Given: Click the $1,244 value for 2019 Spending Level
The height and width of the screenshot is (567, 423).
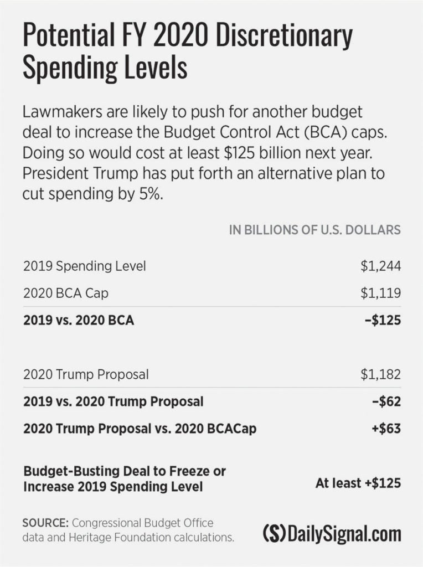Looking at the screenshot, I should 380,266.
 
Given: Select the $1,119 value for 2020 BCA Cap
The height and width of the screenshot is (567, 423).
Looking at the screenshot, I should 380,293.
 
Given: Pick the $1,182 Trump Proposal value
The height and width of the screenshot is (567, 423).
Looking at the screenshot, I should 380,374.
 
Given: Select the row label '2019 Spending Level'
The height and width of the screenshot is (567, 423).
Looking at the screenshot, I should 85,266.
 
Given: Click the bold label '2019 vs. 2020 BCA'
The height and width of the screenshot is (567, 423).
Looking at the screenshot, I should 79,320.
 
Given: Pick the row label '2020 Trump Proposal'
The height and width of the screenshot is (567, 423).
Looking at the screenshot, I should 86,374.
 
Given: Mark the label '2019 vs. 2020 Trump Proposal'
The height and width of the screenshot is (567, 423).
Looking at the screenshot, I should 113,401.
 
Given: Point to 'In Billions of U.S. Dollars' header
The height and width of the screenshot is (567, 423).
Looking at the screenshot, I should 314,230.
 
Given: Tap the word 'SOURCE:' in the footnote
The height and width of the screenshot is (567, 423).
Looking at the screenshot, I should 45,523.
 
